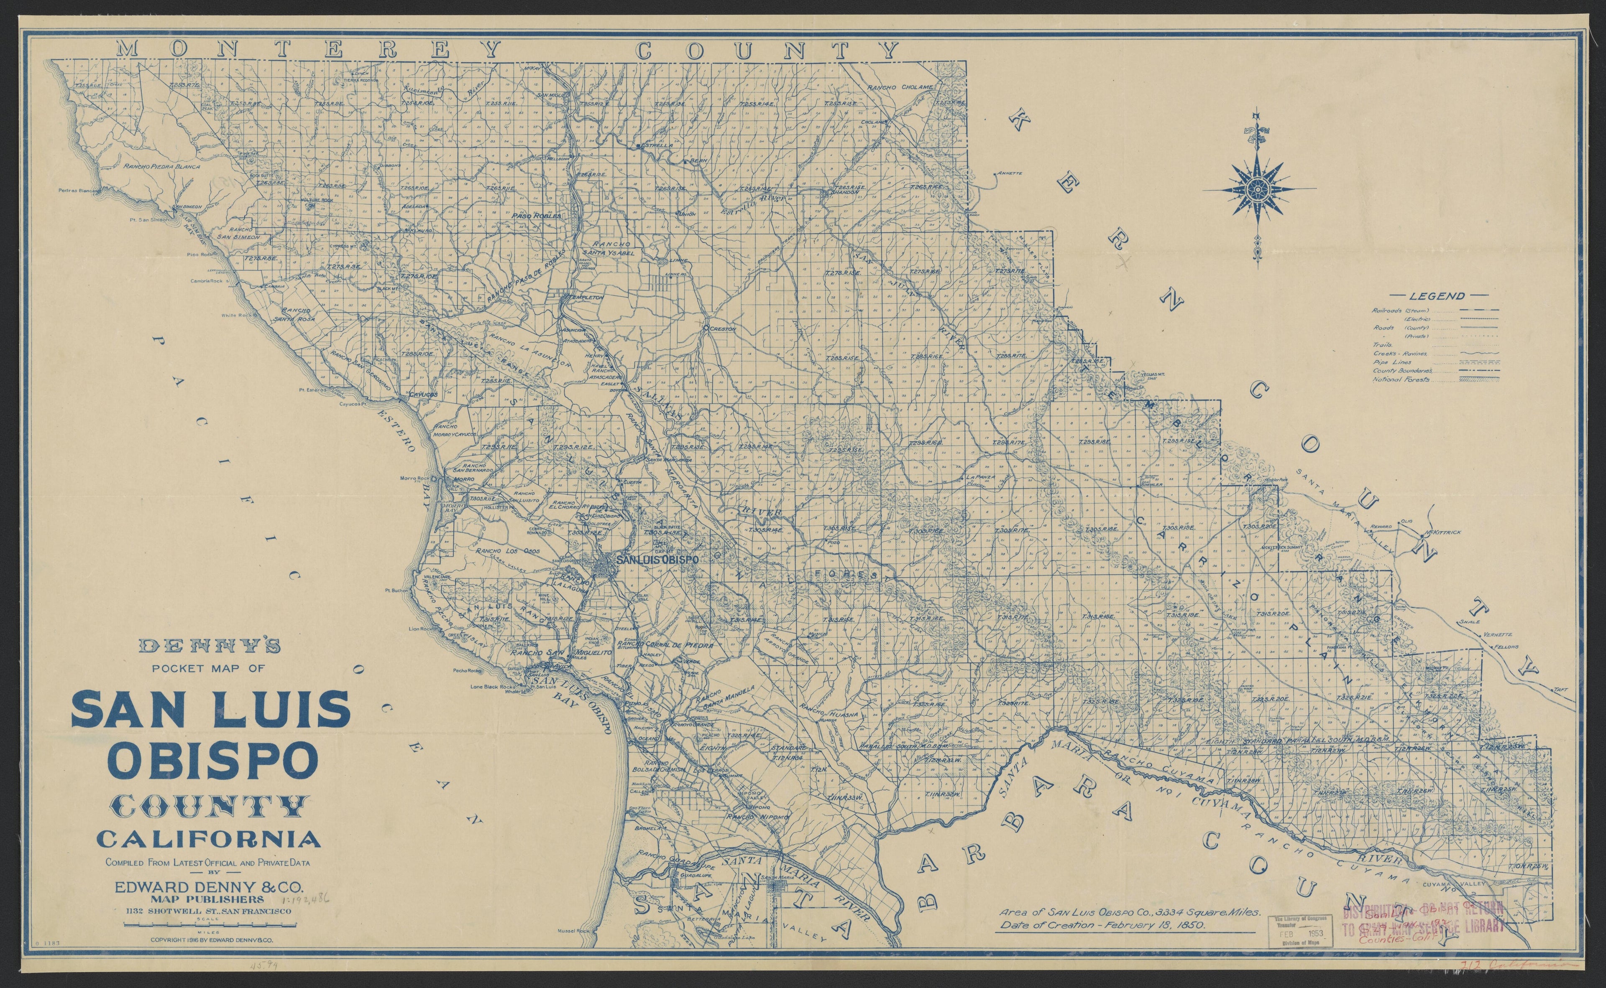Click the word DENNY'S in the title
(210, 646)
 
